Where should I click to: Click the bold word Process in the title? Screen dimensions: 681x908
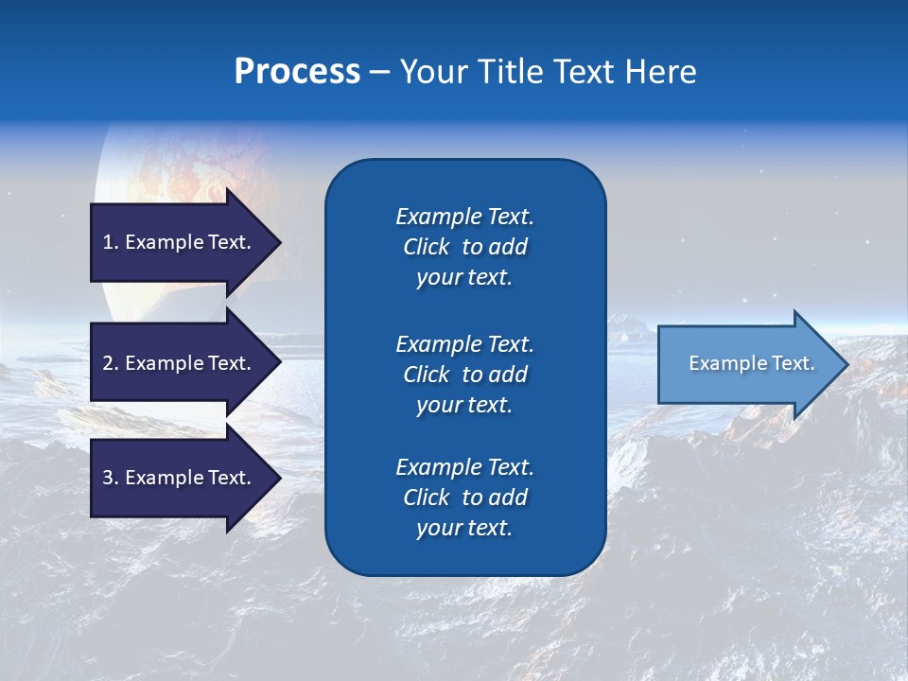coord(297,72)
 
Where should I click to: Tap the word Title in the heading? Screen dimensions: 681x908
coord(510,72)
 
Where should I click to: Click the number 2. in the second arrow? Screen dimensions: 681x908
coord(111,363)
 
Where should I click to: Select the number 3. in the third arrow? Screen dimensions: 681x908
coord(111,478)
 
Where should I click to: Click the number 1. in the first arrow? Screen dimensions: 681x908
coord(110,242)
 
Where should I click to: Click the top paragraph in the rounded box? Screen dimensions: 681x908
coord(464,247)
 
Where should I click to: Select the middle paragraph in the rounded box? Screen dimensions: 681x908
coord(464,375)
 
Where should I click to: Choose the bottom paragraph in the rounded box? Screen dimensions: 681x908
coord(464,498)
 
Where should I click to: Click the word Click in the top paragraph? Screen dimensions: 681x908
coord(426,247)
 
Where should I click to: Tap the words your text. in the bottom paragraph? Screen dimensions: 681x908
coord(464,528)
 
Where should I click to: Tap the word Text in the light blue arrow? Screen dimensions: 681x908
coord(794,363)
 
